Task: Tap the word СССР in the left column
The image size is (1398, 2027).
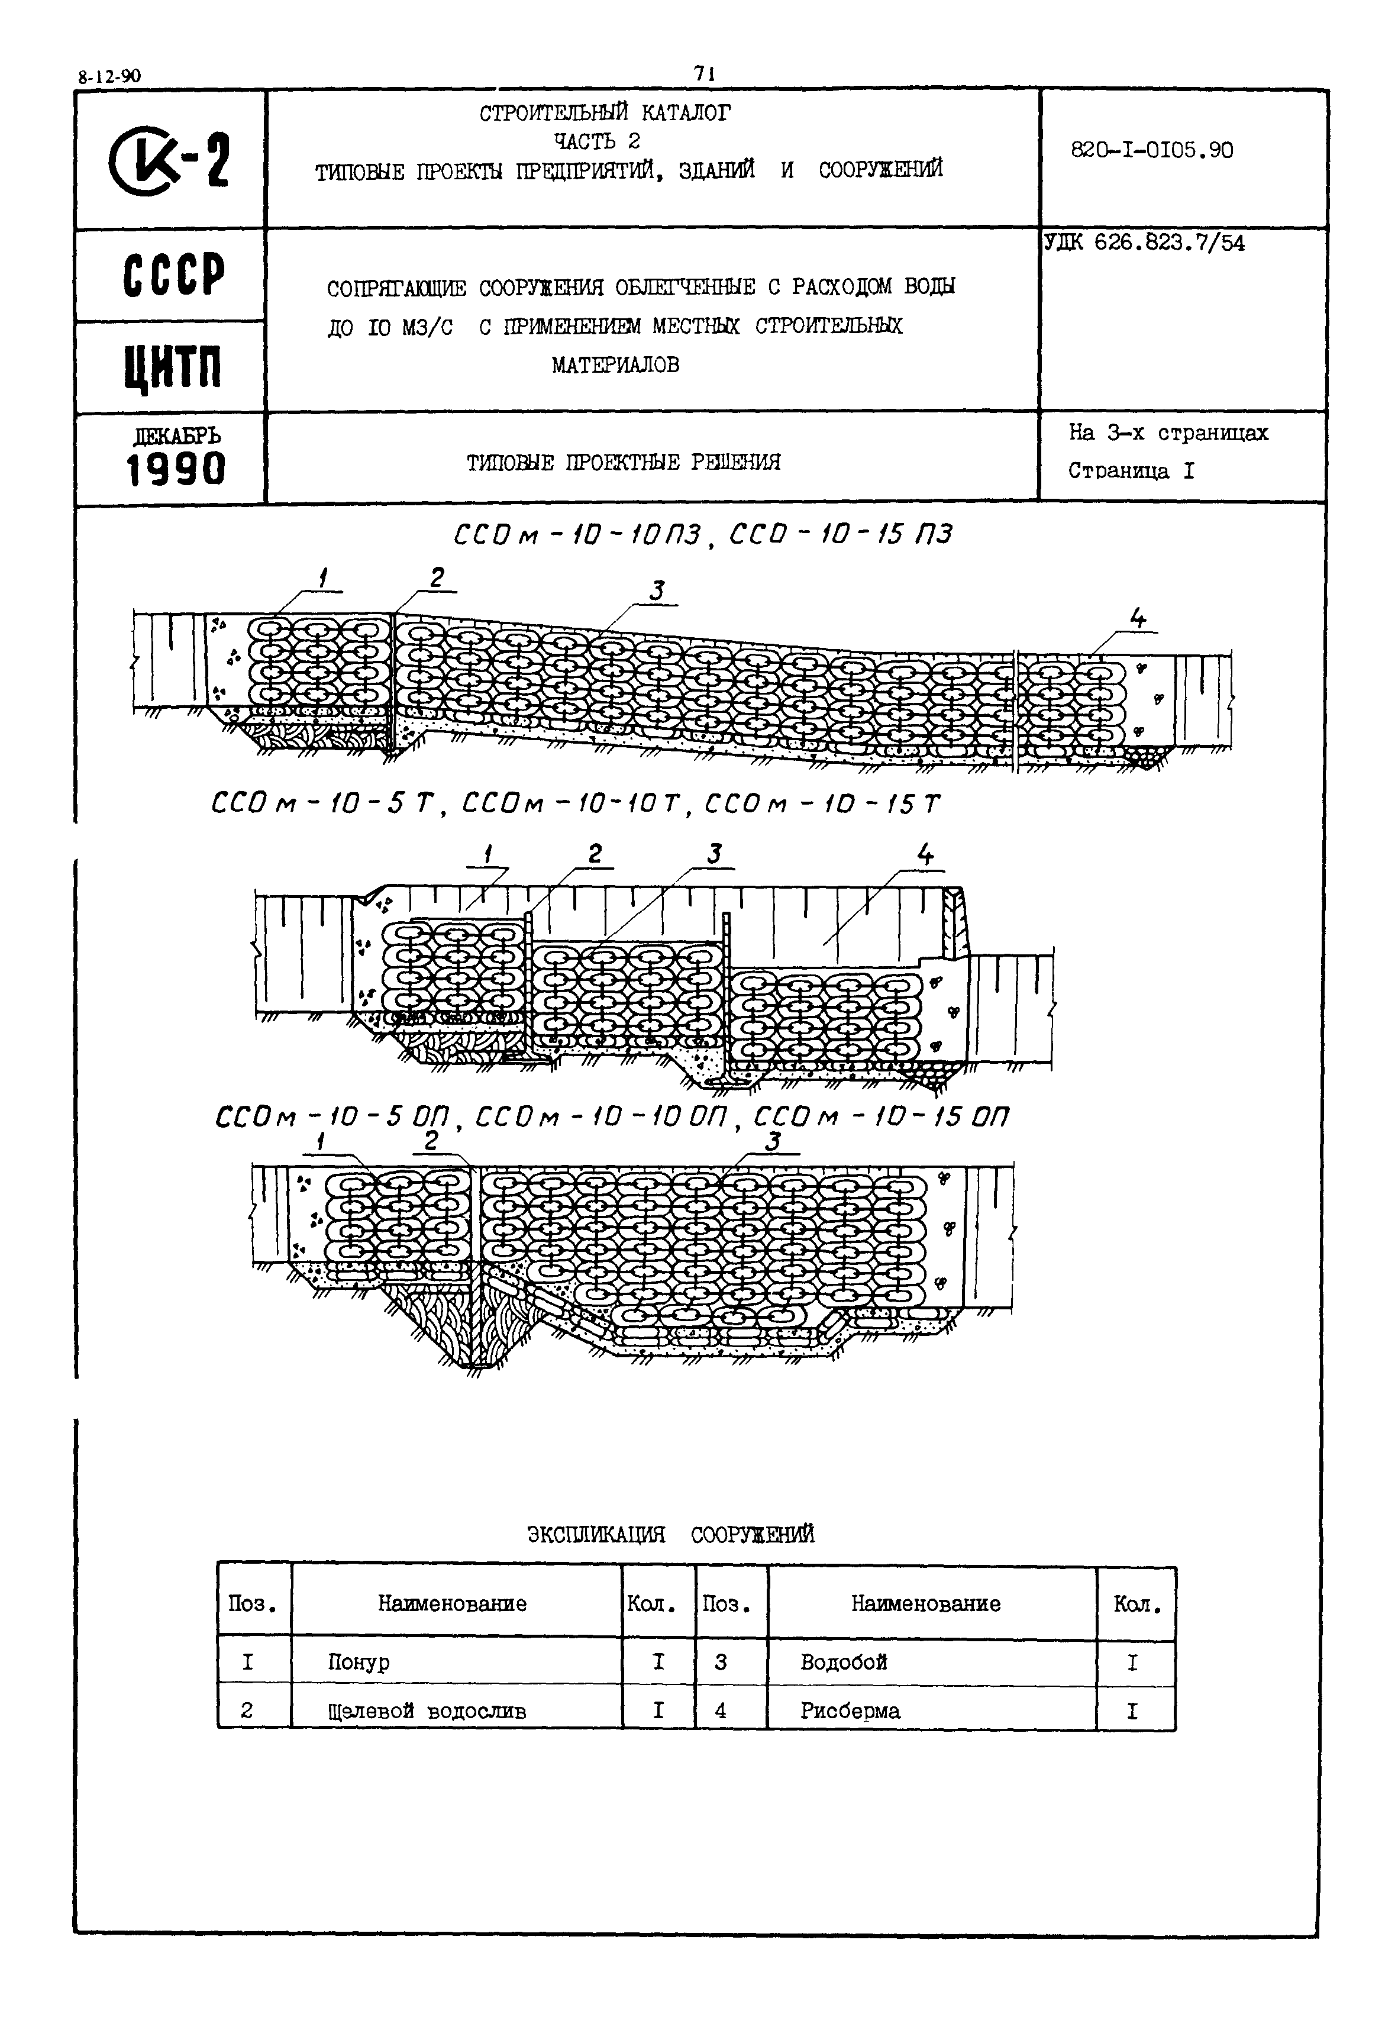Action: pyautogui.click(x=173, y=276)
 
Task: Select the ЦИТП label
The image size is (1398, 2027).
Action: pyautogui.click(x=173, y=369)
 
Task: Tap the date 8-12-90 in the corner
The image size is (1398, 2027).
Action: pyautogui.click(x=109, y=76)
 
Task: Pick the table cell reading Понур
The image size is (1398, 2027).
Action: pyautogui.click(x=359, y=1663)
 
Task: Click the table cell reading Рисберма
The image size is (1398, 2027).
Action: pyautogui.click(x=850, y=1711)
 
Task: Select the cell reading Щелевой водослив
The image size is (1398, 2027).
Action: pyautogui.click(x=427, y=1712)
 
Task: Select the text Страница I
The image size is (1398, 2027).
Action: pyautogui.click(x=1130, y=472)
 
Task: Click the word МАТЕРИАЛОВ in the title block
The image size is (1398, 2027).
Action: pyautogui.click(x=615, y=365)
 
